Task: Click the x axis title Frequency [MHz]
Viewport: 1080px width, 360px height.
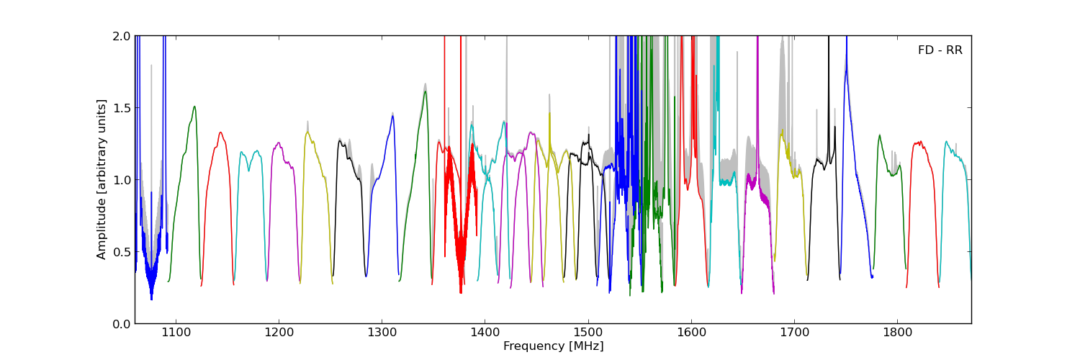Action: tap(553, 346)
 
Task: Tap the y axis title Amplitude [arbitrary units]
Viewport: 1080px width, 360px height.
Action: tap(102, 179)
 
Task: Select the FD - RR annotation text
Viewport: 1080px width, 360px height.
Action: tap(940, 50)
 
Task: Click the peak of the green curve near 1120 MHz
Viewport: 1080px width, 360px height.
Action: tap(194, 107)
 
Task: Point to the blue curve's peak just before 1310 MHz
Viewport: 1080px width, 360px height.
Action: tap(392, 116)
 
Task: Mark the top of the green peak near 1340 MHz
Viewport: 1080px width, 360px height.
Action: tap(425, 91)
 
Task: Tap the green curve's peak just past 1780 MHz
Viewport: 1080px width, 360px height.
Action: tap(879, 135)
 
